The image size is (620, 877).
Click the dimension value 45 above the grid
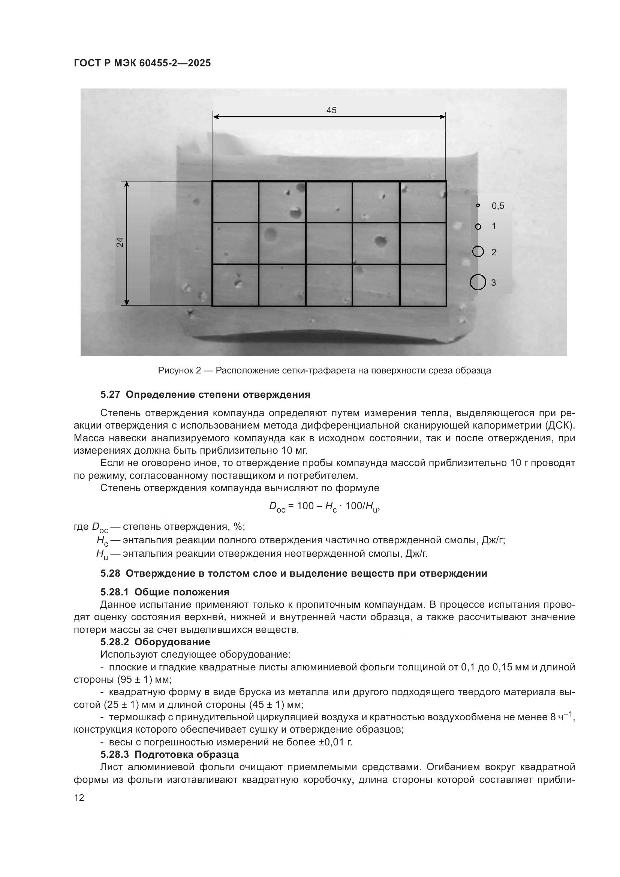tap(331, 110)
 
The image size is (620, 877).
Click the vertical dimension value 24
tap(120, 242)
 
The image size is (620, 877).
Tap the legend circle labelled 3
tap(478, 282)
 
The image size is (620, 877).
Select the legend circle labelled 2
tap(478, 252)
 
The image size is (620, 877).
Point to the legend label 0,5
tap(497, 206)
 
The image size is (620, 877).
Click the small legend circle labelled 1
tap(478, 226)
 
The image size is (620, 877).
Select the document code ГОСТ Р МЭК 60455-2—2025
tap(142, 63)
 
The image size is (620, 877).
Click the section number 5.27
tap(110, 394)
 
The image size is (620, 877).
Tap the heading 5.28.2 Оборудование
tap(155, 642)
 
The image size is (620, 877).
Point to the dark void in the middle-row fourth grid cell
tap(379, 241)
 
